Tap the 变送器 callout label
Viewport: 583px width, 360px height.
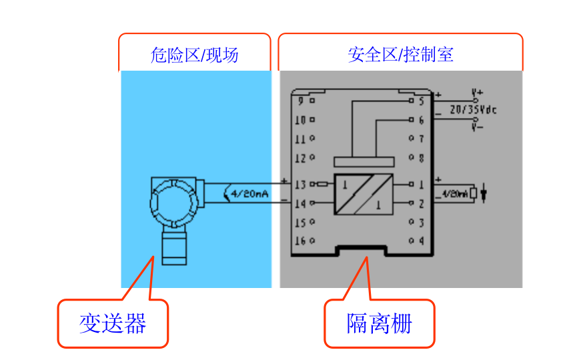(113, 324)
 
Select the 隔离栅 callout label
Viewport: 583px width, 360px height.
(380, 324)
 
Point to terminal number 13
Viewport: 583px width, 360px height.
(301, 184)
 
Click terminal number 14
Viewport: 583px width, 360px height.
(301, 203)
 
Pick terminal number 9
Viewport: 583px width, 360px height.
(302, 101)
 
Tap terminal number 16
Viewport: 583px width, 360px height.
(301, 241)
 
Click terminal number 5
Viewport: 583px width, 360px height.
(421, 101)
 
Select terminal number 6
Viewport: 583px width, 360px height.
(421, 121)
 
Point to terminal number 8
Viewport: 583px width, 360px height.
(421, 159)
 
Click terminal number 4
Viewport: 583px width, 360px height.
(421, 241)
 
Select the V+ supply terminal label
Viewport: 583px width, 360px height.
(478, 92)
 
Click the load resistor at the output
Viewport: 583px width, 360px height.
(473, 194)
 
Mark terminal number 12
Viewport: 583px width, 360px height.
(301, 159)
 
